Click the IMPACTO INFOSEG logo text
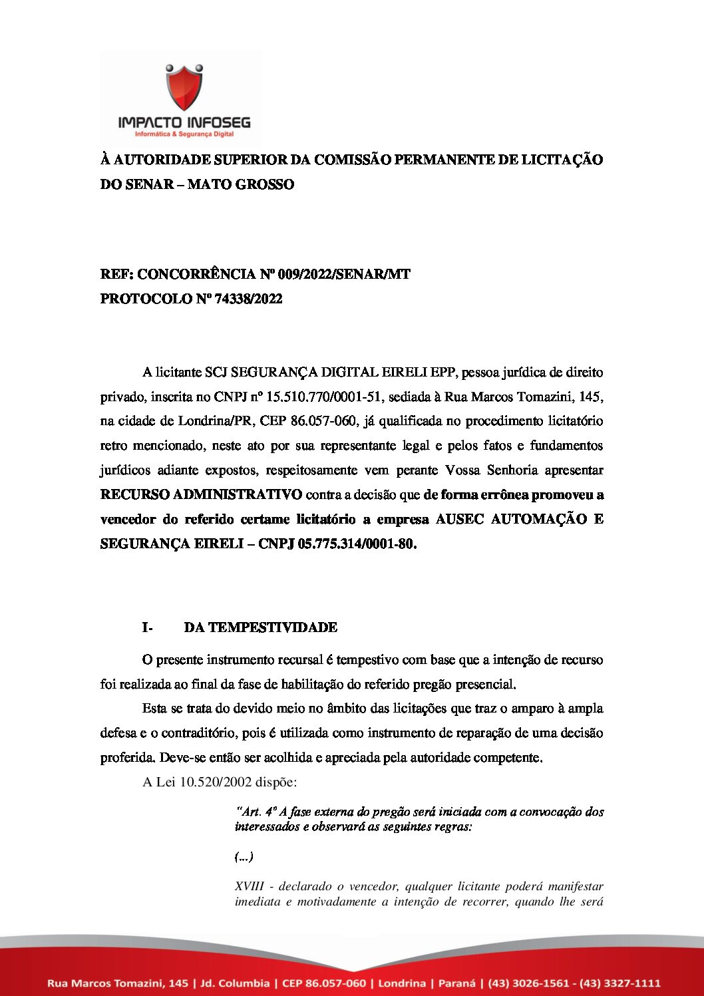(184, 122)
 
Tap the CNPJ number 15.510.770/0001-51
(323, 397)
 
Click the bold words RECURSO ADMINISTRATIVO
(201, 494)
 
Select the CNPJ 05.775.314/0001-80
(357, 544)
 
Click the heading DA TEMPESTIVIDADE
(260, 627)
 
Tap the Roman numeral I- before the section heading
(147, 627)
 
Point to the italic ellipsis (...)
(244, 857)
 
